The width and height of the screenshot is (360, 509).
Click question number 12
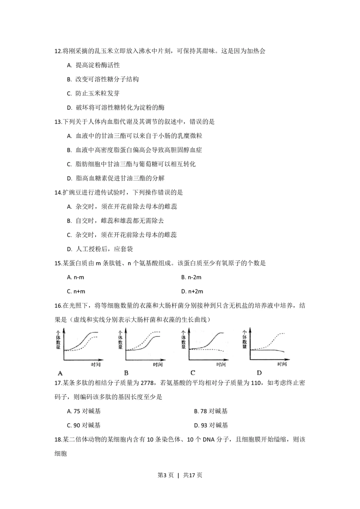58,51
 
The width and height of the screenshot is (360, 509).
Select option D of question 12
116,108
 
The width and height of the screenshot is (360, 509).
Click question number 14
58,193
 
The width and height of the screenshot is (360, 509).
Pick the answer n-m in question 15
76,277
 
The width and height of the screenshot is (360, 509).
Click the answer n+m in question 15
76,291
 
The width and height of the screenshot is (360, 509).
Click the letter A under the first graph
60,373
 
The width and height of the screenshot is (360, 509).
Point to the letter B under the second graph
126,373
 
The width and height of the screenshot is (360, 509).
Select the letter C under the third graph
193,373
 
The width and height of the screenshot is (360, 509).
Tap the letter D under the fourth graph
259,373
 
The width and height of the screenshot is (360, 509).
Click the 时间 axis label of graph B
158,365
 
